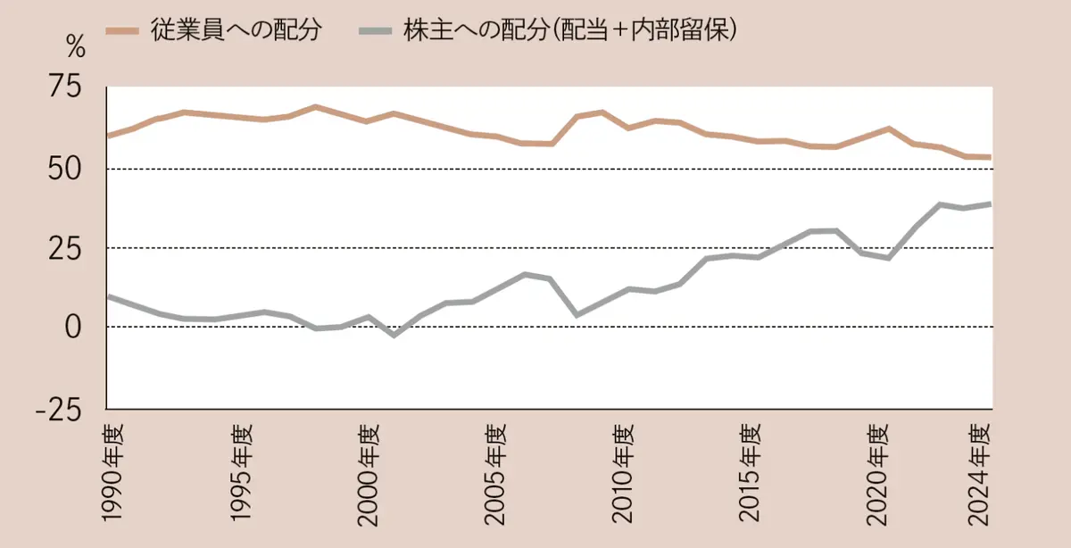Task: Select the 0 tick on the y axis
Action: [x=74, y=327]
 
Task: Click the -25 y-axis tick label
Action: [x=58, y=408]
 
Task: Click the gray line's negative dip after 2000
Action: [x=394, y=335]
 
